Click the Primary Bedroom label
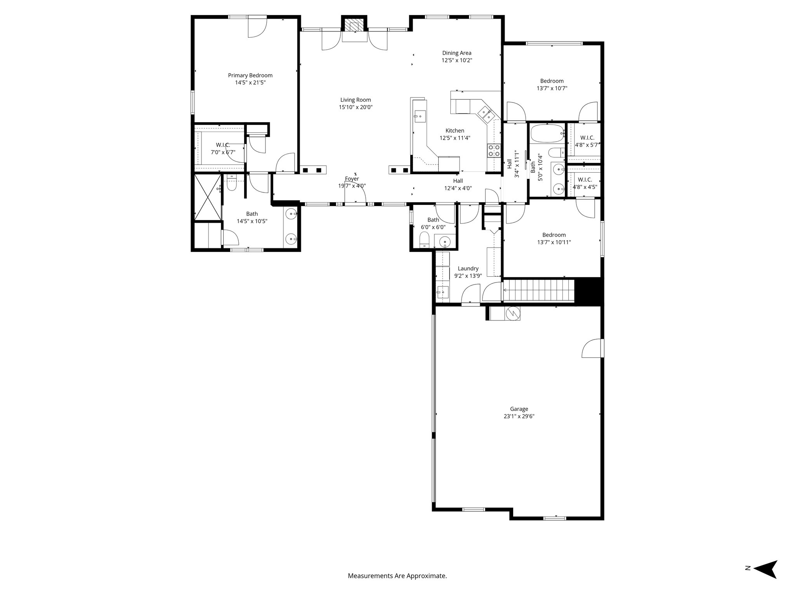(250, 75)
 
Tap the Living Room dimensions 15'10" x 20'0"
(356, 107)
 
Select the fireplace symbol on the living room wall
(354, 26)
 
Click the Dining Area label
(457, 53)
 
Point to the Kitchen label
(455, 131)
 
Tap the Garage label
(519, 409)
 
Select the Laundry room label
(468, 269)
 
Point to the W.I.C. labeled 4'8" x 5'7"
(587, 138)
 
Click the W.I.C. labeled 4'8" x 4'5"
(585, 180)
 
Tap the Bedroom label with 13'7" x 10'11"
(554, 235)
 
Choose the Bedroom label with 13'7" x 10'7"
(552, 81)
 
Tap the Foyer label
(352, 179)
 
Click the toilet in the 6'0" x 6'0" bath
(425, 239)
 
